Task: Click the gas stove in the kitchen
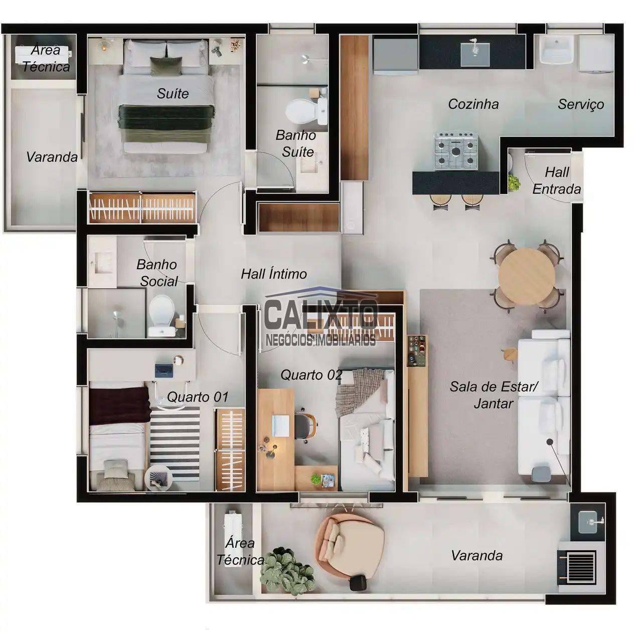point(456,150)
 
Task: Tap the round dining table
point(527,276)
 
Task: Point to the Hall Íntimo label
point(274,274)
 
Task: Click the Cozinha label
point(473,104)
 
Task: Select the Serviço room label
point(581,104)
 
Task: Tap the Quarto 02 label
point(311,375)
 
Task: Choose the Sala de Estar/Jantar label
point(494,395)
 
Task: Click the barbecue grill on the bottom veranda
point(577,568)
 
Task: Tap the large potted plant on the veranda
point(287,570)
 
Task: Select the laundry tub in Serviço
point(556,49)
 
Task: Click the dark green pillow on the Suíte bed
point(166,66)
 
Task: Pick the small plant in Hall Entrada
point(514,183)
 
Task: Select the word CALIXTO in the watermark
point(321,314)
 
